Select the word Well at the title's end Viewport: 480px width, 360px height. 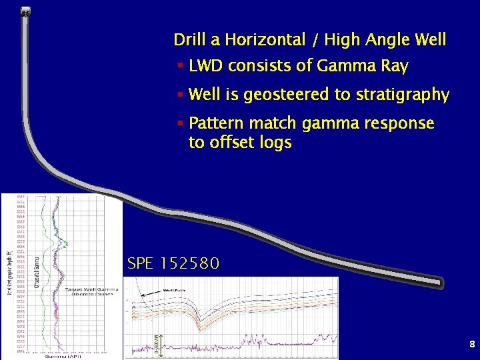429,40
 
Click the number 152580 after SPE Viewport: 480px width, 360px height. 189,264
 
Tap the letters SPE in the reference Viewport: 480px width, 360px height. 140,264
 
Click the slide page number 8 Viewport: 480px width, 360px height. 472,345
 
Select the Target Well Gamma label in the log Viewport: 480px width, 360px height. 91,289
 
